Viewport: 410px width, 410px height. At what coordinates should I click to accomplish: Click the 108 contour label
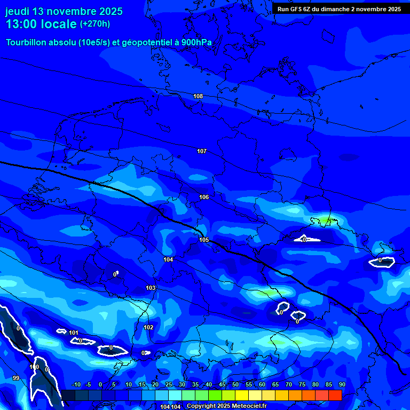pyautogui.click(x=198, y=96)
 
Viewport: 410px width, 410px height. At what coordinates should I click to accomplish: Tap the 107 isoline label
pyautogui.click(x=202, y=151)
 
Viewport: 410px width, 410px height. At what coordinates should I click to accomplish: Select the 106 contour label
pyautogui.click(x=204, y=197)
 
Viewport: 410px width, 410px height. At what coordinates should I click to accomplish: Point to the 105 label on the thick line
pyautogui.click(x=204, y=240)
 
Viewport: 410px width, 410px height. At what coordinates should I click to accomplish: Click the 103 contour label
pyautogui.click(x=151, y=288)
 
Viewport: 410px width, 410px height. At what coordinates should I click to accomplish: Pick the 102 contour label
pyautogui.click(x=148, y=327)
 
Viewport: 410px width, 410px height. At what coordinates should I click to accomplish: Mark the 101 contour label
pyautogui.click(x=74, y=333)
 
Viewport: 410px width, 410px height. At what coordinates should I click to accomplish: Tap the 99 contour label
pyautogui.click(x=16, y=378)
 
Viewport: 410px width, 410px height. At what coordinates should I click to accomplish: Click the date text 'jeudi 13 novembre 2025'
pyautogui.click(x=64, y=11)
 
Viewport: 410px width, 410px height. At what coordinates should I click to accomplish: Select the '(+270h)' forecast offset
pyautogui.click(x=95, y=24)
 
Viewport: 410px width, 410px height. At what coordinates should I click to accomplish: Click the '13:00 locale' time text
pyautogui.click(x=41, y=25)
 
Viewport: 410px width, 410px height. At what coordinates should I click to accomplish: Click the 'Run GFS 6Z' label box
pyautogui.click(x=339, y=9)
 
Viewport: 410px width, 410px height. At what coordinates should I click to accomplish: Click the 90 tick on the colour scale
pyautogui.click(x=342, y=385)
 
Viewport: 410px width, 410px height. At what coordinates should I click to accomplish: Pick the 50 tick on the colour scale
pyautogui.click(x=235, y=385)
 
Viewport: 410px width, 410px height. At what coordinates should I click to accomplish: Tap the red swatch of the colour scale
pyautogui.click(x=335, y=395)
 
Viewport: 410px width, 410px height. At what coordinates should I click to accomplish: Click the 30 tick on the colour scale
pyautogui.click(x=182, y=385)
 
